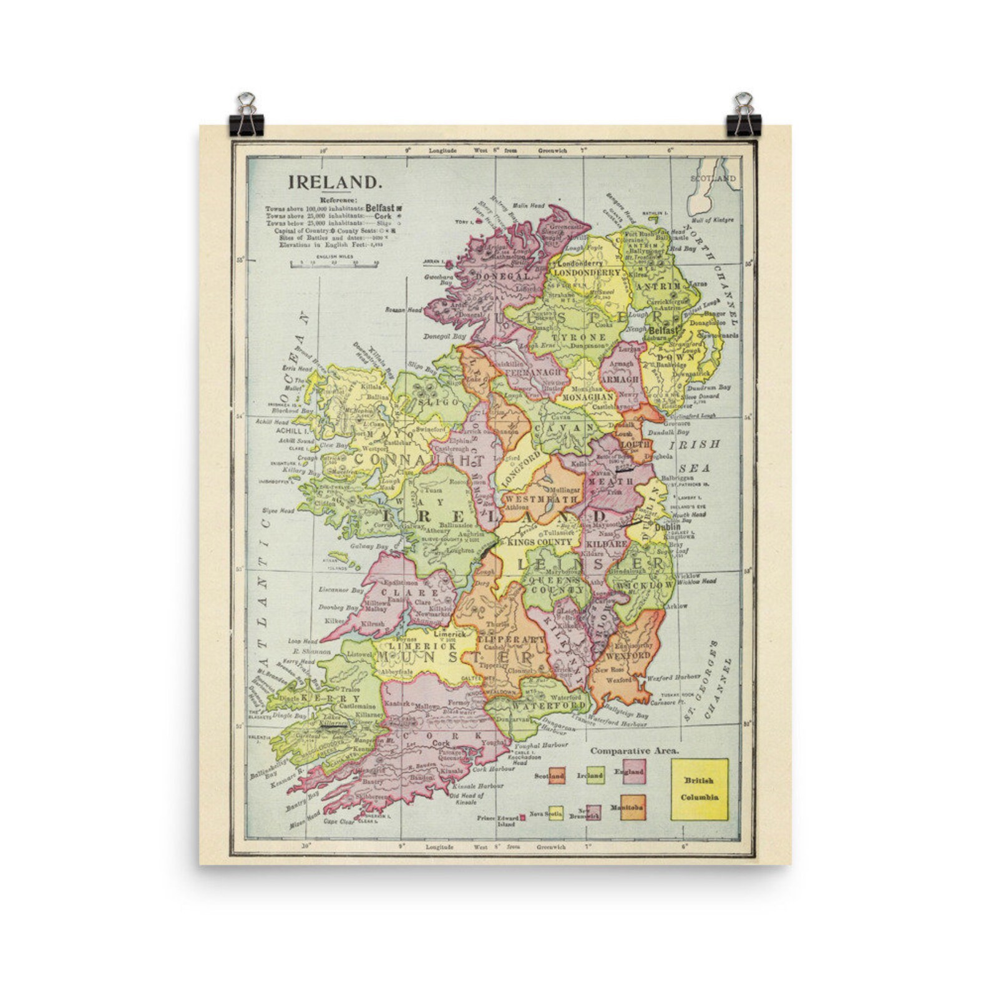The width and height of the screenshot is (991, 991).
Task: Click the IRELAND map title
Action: point(334,182)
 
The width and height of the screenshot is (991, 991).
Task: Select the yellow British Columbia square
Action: point(700,789)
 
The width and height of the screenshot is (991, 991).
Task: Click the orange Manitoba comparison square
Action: point(633,807)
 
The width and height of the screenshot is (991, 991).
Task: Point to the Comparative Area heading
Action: point(635,751)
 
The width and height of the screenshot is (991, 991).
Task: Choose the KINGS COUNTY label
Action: point(540,542)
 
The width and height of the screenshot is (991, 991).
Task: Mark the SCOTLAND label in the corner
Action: point(713,178)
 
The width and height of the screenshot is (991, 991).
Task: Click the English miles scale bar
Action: point(334,265)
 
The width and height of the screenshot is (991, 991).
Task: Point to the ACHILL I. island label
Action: point(288,431)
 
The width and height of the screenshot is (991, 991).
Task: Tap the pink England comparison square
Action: point(633,771)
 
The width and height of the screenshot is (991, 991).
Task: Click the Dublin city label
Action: point(667,527)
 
